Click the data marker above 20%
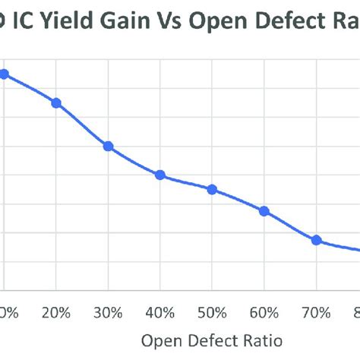point(56,103)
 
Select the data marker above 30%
point(108,146)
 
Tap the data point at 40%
point(160,175)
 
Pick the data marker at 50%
point(212,189)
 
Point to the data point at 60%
point(264,211)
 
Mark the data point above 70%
point(317,240)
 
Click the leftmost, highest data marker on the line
point(4,74)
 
